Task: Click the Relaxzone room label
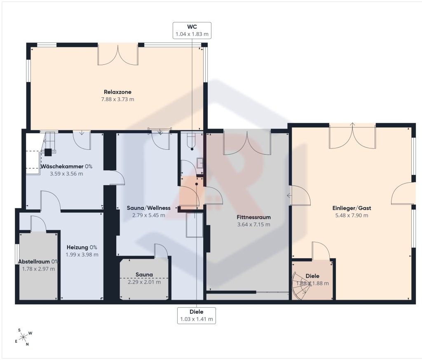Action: click(117, 92)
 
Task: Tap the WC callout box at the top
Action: click(192, 31)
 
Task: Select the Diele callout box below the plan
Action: click(197, 315)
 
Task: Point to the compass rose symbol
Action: click(23, 336)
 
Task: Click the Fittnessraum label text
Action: click(254, 217)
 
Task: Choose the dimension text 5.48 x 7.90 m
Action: click(352, 215)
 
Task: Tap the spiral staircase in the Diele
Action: click(301, 286)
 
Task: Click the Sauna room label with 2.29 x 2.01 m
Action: click(144, 275)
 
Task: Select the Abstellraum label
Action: click(34, 261)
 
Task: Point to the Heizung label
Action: click(77, 247)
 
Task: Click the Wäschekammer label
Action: click(62, 167)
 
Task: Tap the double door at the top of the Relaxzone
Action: click(118, 55)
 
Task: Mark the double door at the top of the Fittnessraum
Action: click(247, 142)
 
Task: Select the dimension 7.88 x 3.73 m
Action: click(117, 99)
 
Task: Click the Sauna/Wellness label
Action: click(148, 208)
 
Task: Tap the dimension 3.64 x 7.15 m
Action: click(254, 225)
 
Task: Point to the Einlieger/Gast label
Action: click(352, 208)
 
